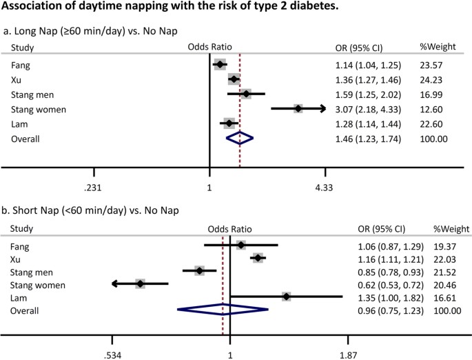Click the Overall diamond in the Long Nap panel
(240, 139)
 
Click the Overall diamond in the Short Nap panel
(223, 310)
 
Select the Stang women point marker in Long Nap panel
(298, 108)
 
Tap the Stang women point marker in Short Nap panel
(141, 283)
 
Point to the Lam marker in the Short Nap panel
(286, 297)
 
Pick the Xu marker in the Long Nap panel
(234, 79)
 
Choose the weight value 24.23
(431, 80)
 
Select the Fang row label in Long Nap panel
(20, 65)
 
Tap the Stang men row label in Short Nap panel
(32, 271)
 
